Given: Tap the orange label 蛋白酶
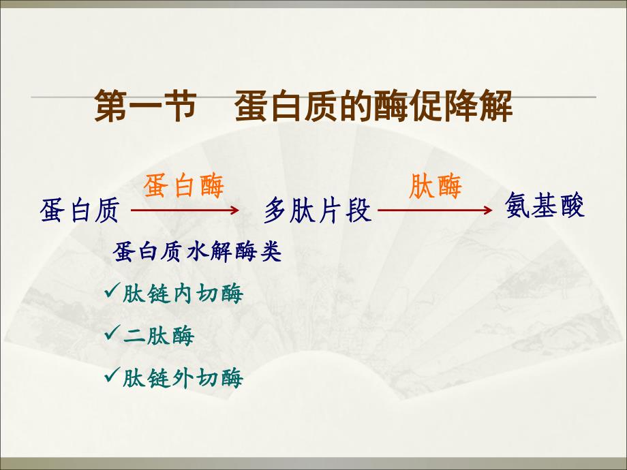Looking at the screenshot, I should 183,186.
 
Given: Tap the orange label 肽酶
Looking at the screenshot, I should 435,186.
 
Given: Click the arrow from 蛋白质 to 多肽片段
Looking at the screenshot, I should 185,211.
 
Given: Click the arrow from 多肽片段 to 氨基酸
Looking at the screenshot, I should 435,211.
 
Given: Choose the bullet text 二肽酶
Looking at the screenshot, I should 158,336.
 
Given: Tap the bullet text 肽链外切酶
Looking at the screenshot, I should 182,377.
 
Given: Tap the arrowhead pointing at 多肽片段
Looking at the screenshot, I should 234,211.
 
